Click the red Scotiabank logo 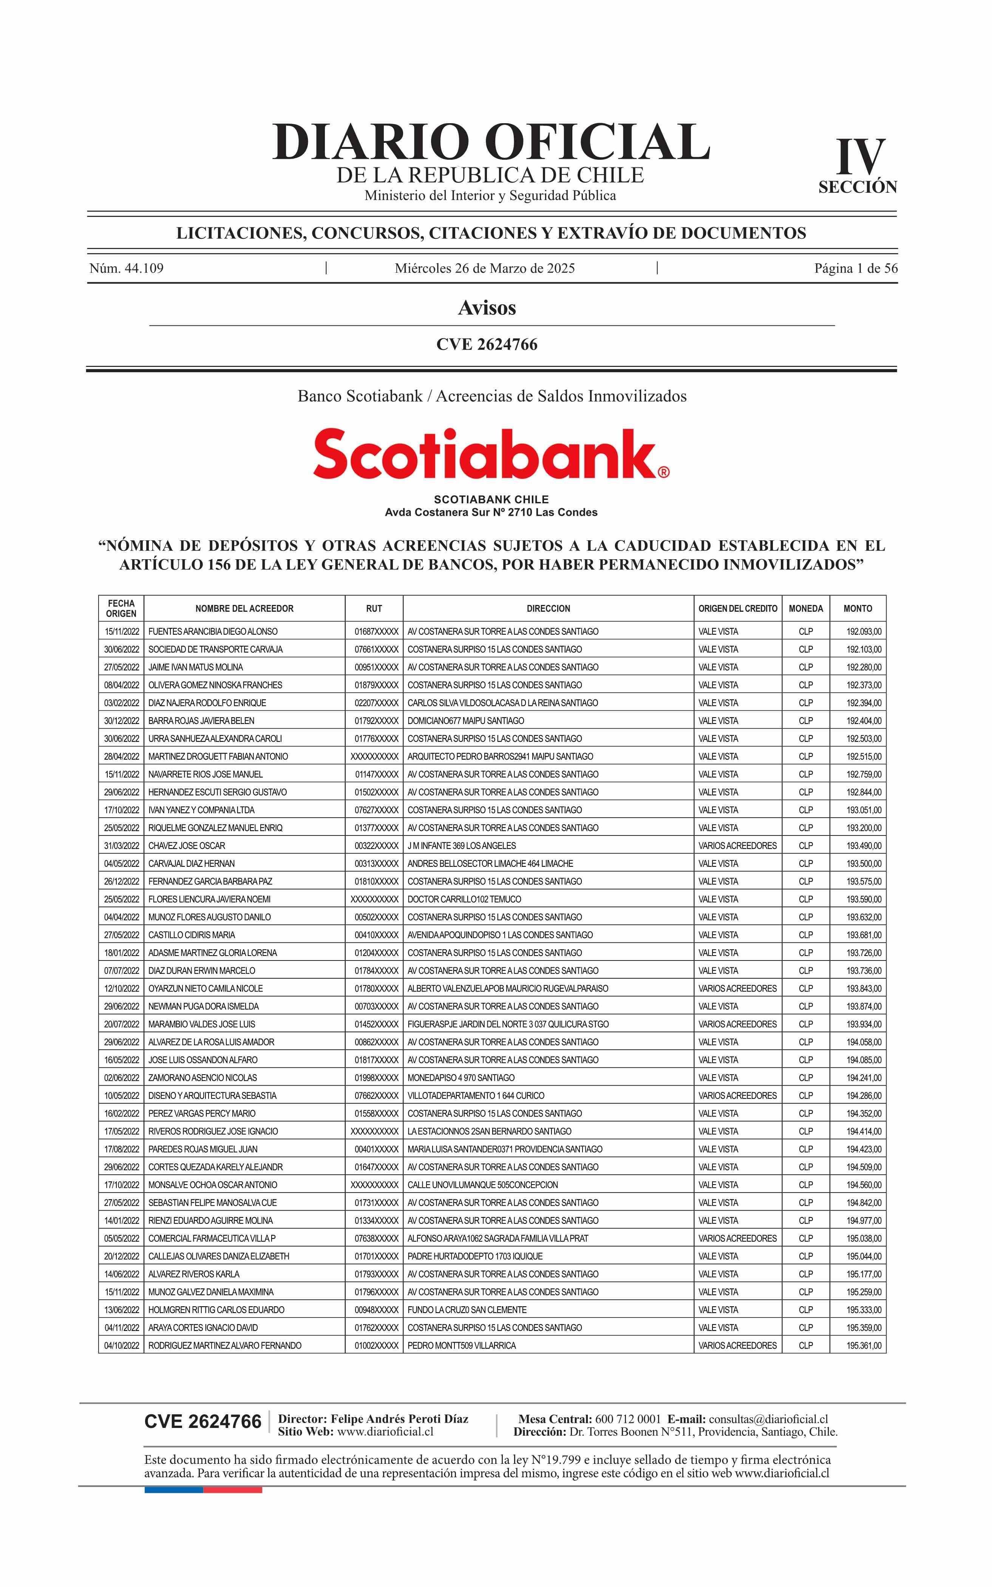point(491,454)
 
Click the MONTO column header point(858,608)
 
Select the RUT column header point(374,608)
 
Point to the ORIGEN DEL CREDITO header point(737,608)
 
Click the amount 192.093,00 point(864,631)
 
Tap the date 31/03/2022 point(121,846)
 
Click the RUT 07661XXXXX point(376,649)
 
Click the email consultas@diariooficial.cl point(768,1419)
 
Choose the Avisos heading point(487,308)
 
